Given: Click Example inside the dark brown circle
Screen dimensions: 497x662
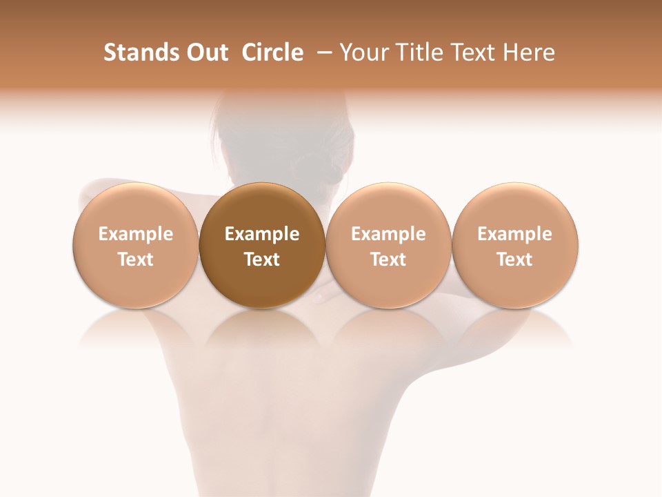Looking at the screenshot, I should tap(262, 234).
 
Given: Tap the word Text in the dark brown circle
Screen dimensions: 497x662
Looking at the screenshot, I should tap(262, 260).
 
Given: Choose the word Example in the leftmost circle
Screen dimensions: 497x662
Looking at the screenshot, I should tap(136, 234).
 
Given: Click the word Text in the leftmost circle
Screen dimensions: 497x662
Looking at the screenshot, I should tap(136, 260).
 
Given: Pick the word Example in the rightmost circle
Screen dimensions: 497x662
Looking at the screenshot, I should tap(514, 234).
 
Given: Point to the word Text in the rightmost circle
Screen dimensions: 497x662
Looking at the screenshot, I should tap(514, 260).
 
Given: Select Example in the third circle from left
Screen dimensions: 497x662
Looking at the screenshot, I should tap(388, 234).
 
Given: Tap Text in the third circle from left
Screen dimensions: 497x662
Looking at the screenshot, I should tap(388, 260).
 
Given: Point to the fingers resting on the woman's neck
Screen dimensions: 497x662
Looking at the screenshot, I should tap(321, 296).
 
